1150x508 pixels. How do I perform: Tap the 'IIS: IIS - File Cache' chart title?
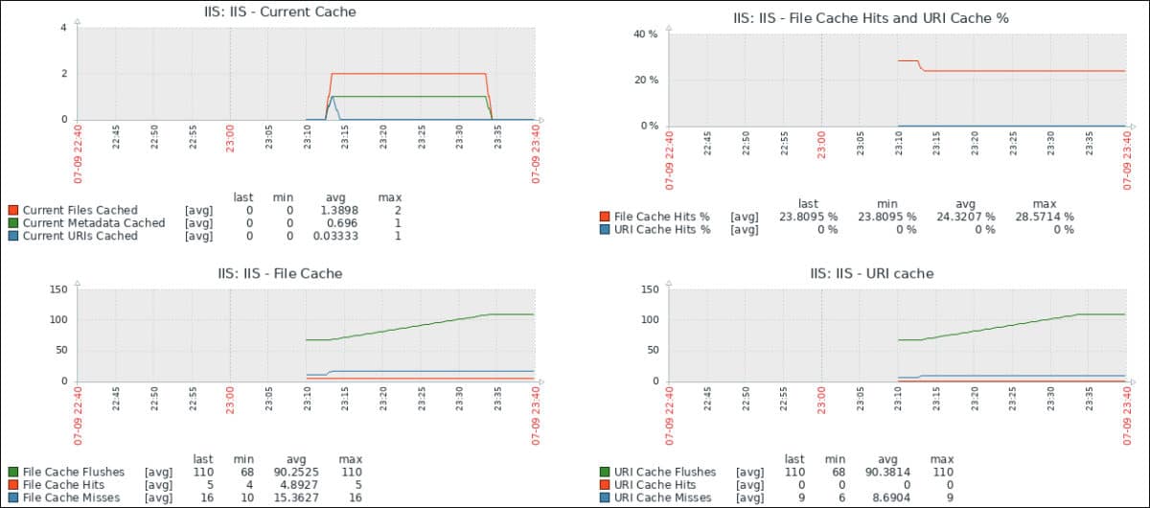(280, 273)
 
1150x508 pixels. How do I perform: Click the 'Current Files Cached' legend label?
(80, 210)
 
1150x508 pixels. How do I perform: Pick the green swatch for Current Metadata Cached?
(13, 223)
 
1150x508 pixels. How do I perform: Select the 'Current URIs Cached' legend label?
(80, 236)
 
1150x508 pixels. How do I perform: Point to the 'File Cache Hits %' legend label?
(662, 217)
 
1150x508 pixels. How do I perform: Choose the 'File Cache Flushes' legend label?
(73, 472)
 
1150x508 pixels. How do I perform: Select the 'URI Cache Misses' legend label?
(665, 497)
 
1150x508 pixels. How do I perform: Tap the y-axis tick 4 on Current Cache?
(63, 28)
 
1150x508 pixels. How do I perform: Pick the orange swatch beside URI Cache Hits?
(604, 485)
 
